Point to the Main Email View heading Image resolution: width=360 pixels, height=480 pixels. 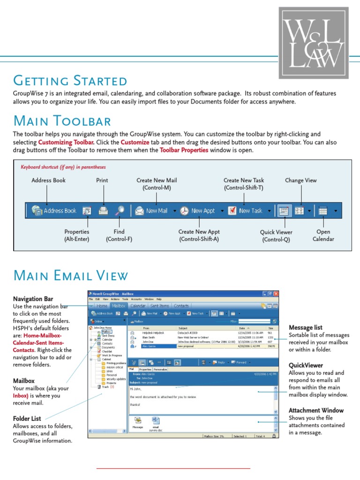(70, 275)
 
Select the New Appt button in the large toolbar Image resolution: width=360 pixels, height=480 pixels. (198, 211)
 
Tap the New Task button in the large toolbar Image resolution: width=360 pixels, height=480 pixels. (246, 211)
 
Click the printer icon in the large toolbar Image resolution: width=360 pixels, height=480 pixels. (103, 211)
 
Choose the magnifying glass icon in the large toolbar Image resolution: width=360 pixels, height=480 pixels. (120, 211)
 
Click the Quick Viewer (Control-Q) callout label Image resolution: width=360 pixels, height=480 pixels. (276, 236)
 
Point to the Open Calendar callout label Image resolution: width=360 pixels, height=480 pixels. (323, 235)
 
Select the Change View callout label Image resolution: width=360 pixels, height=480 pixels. (300, 180)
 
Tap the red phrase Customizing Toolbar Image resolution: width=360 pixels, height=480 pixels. (66, 142)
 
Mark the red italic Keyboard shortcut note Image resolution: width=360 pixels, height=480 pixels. (63, 167)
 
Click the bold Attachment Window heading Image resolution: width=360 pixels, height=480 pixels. (316, 410)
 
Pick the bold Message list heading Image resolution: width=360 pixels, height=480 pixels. (305, 328)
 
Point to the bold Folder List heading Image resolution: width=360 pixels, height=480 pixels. (27, 418)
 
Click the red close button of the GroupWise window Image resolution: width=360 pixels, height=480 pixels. (276, 293)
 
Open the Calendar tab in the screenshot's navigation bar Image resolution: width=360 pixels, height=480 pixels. (137, 306)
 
